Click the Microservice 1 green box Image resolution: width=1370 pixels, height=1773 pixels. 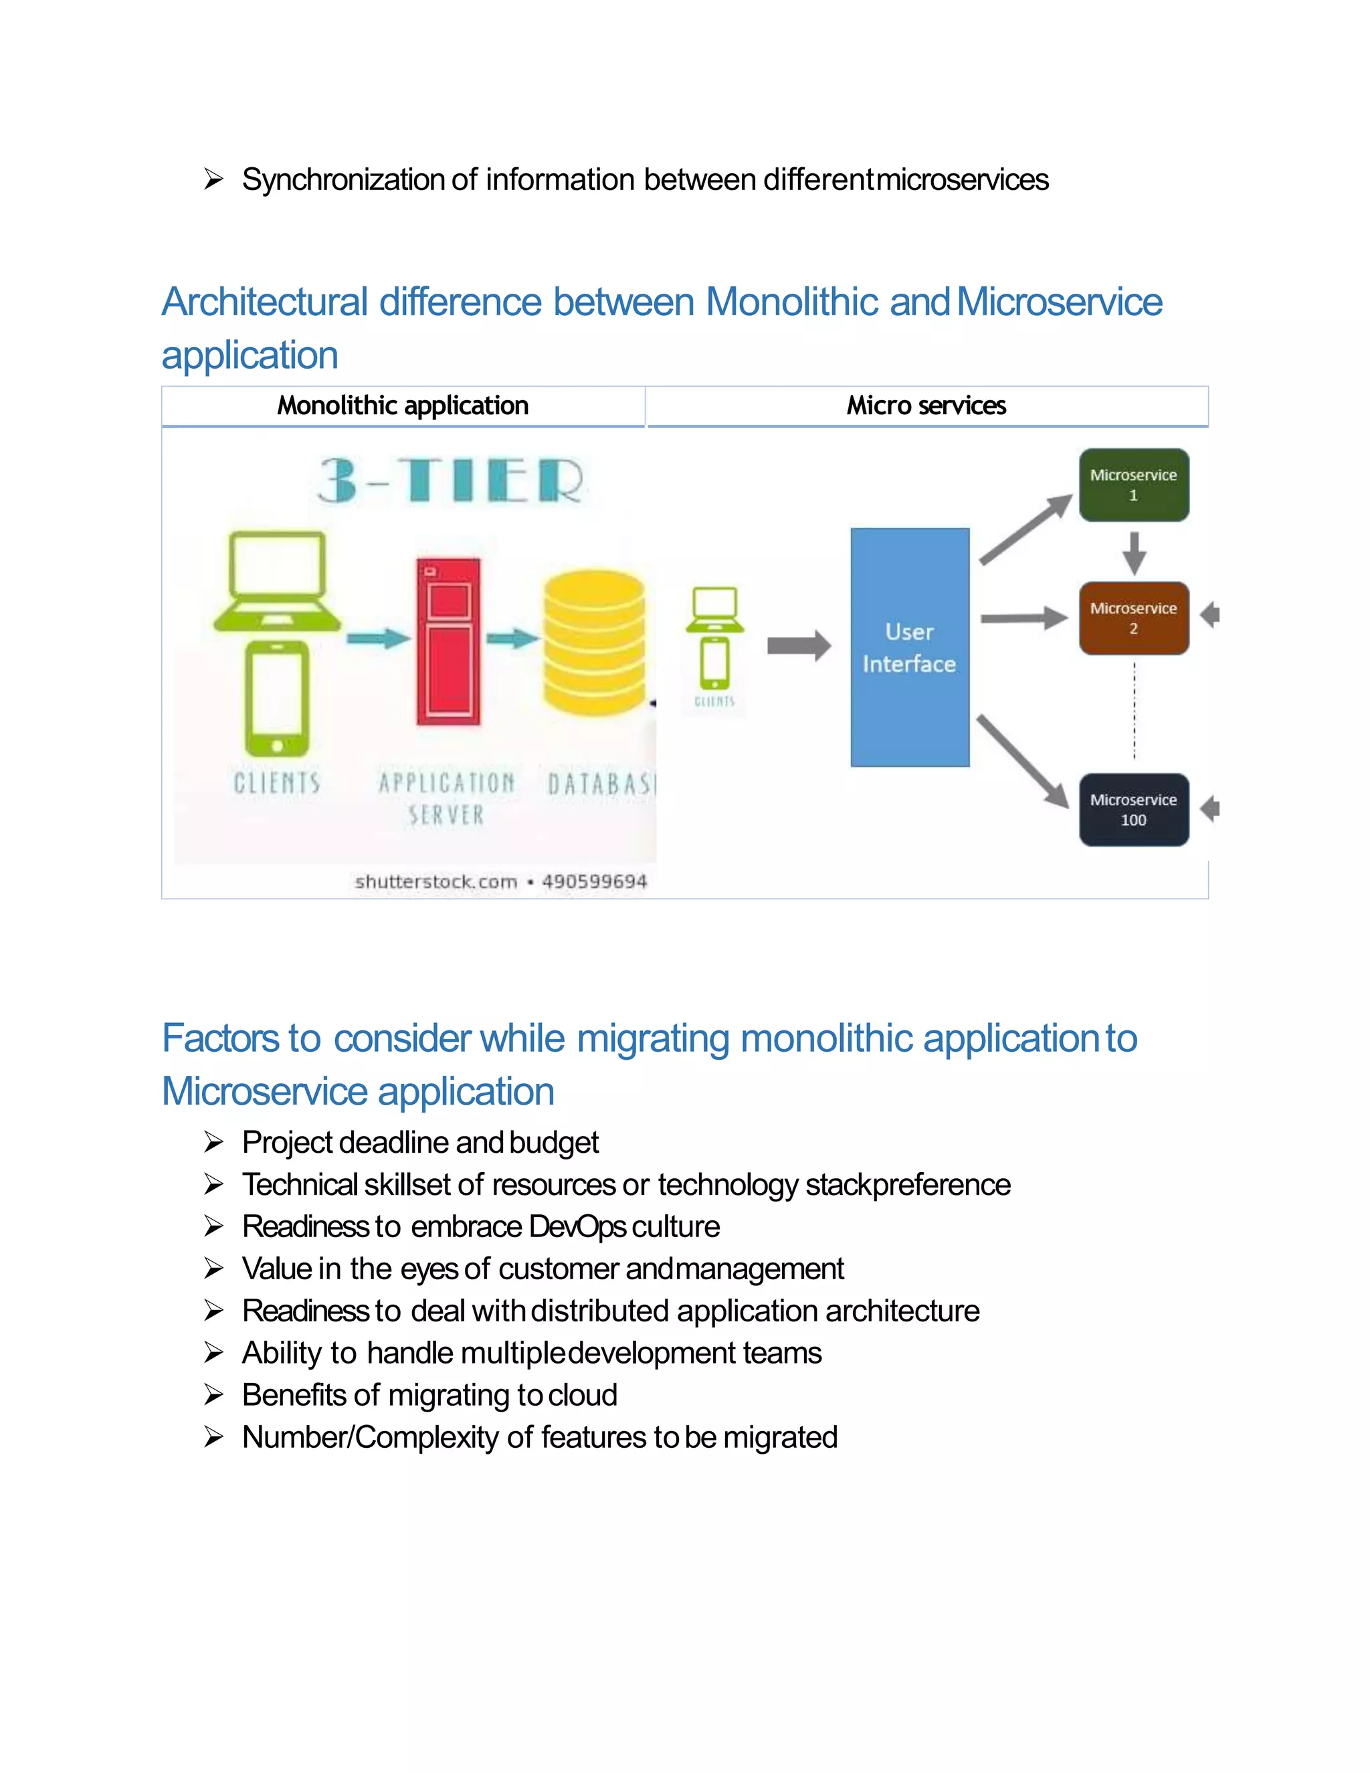click(1133, 484)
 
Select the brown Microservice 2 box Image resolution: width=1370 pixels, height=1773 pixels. click(1133, 618)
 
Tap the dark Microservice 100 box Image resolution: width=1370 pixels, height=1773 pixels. click(1133, 810)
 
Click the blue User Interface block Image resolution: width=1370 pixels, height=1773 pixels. click(909, 647)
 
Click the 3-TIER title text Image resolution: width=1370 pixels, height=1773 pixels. click(450, 480)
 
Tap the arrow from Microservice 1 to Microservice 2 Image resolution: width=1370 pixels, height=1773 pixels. click(1134, 552)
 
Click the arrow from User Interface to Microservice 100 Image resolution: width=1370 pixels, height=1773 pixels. click(1022, 761)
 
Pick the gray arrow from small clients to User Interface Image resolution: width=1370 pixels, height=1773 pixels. click(799, 646)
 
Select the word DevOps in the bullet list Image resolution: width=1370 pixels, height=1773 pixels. click(577, 1226)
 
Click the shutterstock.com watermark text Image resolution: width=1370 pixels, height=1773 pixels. click(436, 882)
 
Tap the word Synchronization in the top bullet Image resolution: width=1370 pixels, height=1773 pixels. click(342, 179)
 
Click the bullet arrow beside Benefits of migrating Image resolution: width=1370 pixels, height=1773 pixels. click(213, 1395)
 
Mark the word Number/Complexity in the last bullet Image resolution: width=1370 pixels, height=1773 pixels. click(370, 1437)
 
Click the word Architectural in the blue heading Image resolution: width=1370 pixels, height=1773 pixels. click(265, 302)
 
